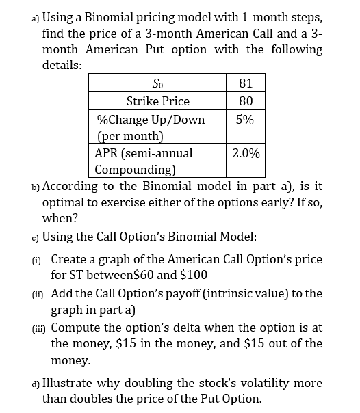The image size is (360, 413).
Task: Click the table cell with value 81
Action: point(246,83)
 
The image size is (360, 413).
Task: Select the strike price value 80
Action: point(246,101)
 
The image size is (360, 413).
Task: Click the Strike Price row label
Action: point(158,101)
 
